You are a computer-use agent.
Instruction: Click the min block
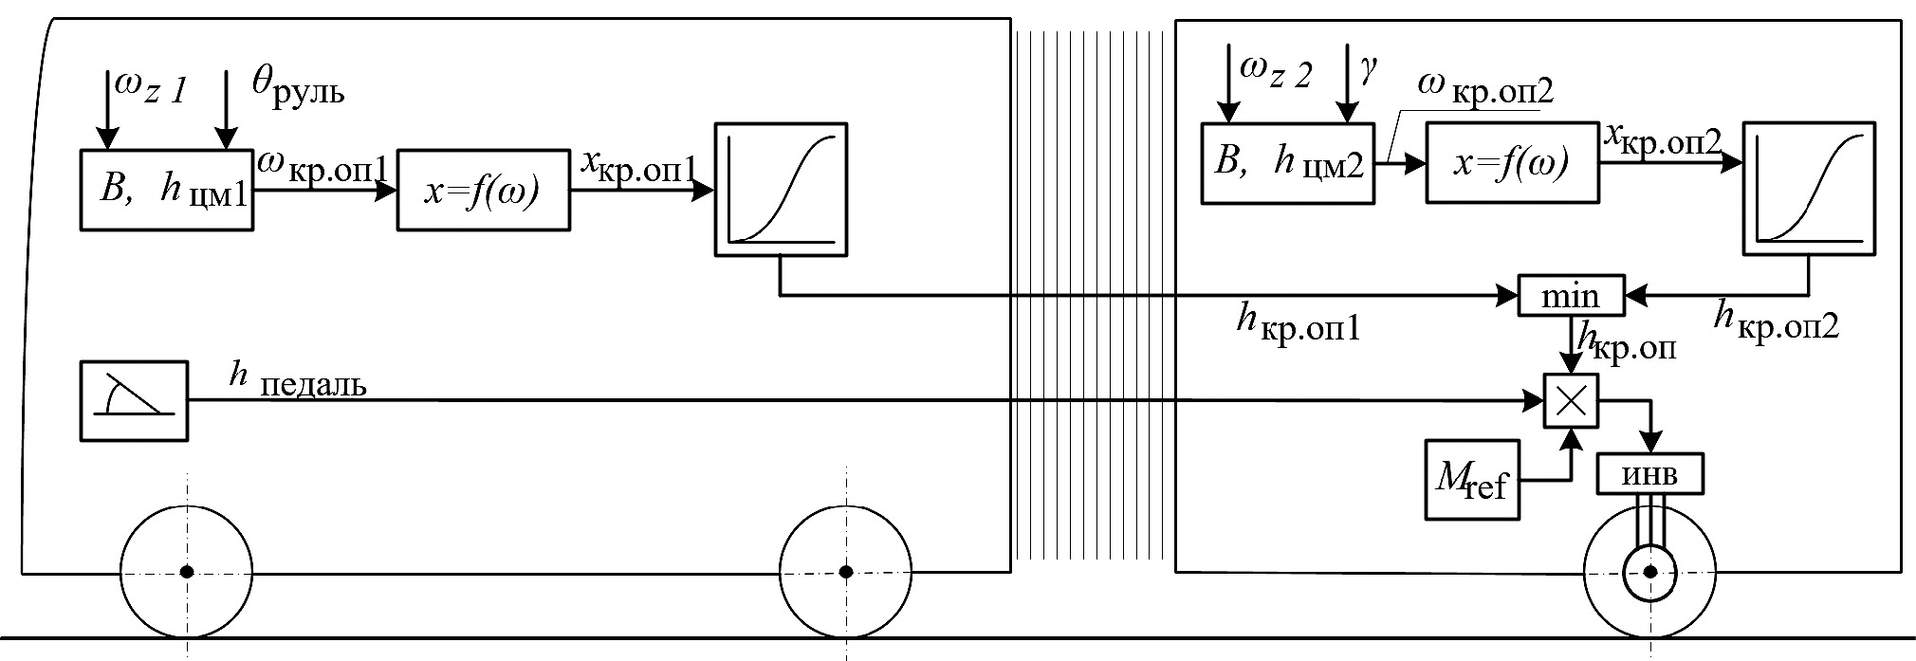coord(1571,296)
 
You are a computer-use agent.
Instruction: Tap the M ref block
coord(1471,478)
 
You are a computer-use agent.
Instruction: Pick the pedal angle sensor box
coord(134,400)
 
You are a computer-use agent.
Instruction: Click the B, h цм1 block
coord(166,190)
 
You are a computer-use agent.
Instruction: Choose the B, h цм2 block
coord(1288,163)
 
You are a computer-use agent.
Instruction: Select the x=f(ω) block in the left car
coord(483,190)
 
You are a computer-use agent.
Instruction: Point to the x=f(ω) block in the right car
coord(1512,163)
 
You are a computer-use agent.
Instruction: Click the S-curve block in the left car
coord(780,190)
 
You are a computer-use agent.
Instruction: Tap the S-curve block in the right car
coord(1809,188)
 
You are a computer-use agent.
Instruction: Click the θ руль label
coord(298,85)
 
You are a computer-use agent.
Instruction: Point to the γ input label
coord(1368,70)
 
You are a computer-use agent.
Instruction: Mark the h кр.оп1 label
coord(1298,324)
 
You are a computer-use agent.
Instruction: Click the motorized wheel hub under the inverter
coord(1650,572)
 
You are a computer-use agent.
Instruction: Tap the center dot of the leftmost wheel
coord(187,572)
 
